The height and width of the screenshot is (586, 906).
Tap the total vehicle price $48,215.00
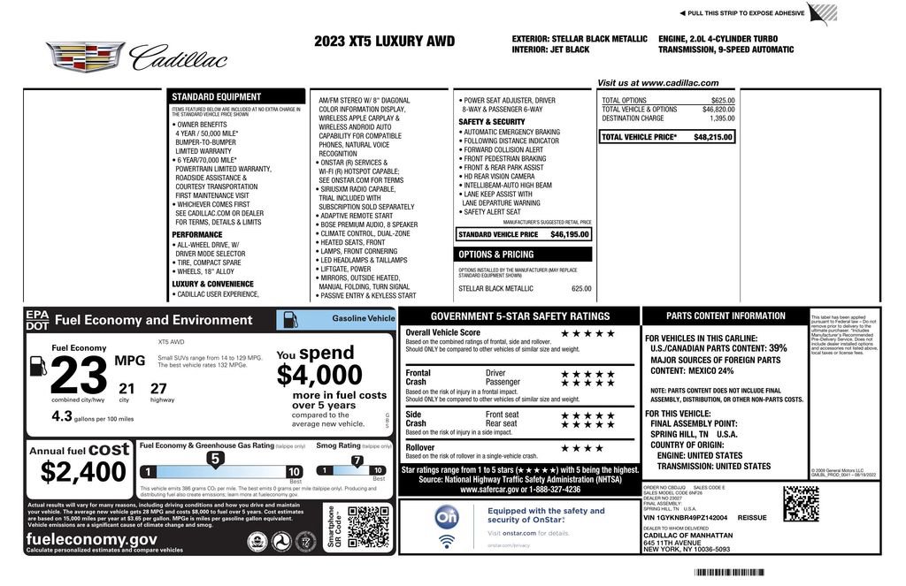[713, 137]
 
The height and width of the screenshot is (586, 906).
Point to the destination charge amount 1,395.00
[722, 118]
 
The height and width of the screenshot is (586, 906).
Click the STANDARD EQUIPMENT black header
[216, 97]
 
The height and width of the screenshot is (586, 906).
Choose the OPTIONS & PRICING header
[495, 255]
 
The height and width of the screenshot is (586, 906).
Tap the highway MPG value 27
[159, 388]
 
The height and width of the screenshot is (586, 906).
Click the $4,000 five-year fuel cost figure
[319, 376]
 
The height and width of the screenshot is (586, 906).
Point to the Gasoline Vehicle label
[363, 317]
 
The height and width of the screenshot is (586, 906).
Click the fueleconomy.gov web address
[92, 539]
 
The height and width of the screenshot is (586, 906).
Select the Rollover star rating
[581, 448]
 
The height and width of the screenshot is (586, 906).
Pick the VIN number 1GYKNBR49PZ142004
[691, 518]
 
